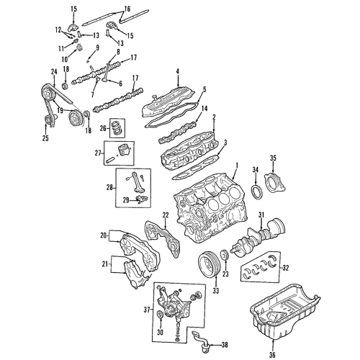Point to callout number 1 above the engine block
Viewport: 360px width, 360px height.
235,166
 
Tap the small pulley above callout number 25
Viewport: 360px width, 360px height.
48,120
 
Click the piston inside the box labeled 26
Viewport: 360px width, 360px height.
117,130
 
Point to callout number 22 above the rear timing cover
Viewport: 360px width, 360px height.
164,214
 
